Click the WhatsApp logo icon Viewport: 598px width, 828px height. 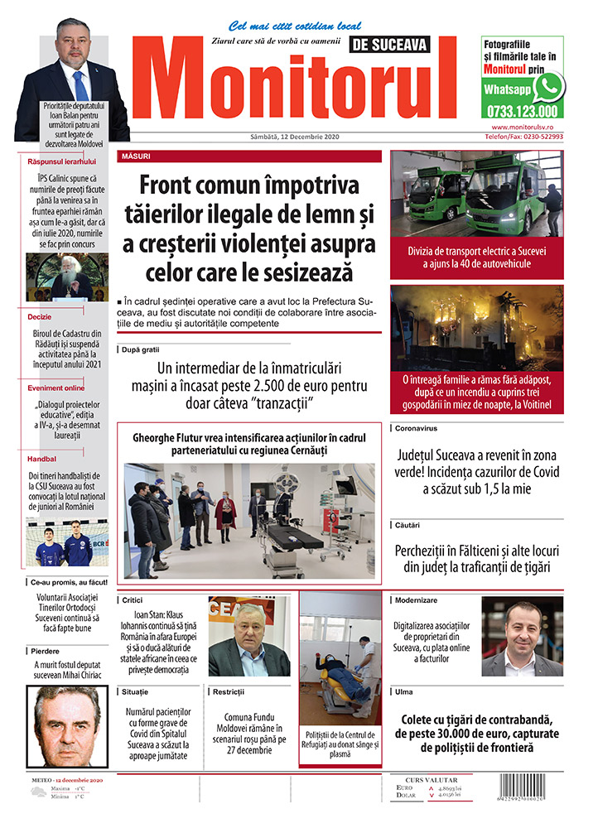click(x=548, y=86)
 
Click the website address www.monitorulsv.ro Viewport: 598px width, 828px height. click(x=527, y=127)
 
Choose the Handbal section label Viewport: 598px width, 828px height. click(x=41, y=458)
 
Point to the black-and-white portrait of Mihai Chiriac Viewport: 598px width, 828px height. click(x=67, y=726)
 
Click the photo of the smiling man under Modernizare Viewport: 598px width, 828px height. click(x=522, y=636)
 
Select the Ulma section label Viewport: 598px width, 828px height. click(x=404, y=691)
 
